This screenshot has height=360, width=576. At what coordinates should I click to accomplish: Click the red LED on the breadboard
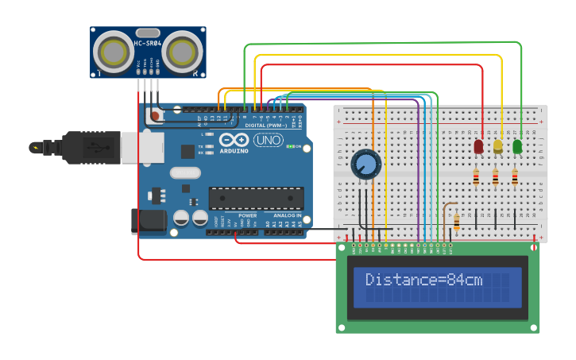point(478,146)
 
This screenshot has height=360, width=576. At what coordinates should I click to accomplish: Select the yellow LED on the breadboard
point(498,146)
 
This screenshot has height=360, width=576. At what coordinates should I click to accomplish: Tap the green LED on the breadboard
point(517,146)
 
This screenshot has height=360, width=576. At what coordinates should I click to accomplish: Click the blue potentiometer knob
point(365,165)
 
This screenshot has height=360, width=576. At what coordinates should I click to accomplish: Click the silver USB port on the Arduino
point(144,148)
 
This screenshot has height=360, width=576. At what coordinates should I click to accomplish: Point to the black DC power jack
point(149,222)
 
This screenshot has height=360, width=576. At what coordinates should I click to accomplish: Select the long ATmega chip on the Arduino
point(256,199)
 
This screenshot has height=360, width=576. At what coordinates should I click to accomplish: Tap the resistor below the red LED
point(476,178)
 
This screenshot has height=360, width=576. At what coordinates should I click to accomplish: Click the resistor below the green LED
point(515,178)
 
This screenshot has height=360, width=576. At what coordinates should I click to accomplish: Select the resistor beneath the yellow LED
point(496,178)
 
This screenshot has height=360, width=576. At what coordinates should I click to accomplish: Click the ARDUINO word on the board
point(234,150)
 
